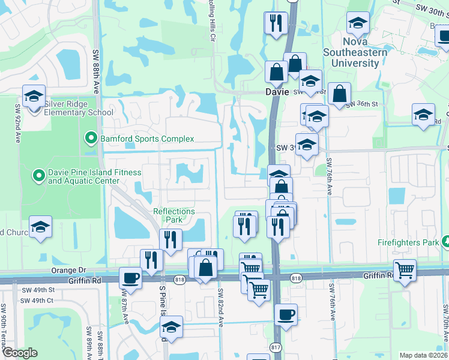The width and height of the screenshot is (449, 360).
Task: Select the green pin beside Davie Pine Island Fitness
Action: tap(39, 176)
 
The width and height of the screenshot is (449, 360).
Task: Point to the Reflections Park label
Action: tap(174, 215)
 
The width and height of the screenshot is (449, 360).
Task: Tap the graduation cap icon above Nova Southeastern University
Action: tap(358, 24)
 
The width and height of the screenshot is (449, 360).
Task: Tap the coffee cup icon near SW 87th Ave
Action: tap(130, 278)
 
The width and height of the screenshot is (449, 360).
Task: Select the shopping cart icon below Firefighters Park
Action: tap(405, 270)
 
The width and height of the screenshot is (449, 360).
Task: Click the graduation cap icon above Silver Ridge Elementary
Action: tap(34, 96)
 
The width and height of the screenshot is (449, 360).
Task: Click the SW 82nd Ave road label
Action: tap(220, 308)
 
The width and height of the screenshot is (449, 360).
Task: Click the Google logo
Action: tap(19, 353)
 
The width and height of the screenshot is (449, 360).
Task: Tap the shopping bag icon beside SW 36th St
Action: tap(339, 94)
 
